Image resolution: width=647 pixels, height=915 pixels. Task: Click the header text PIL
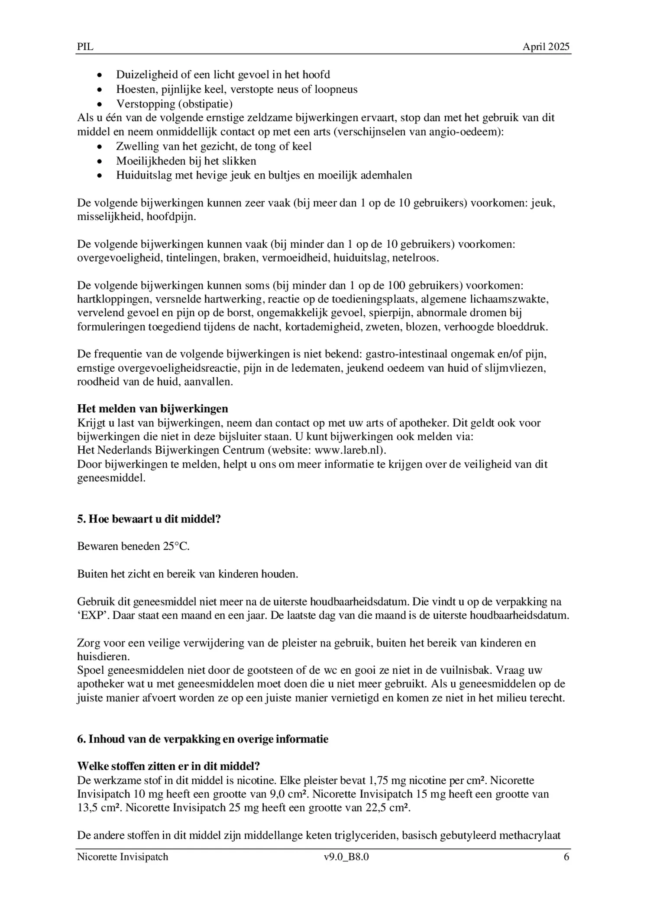[x=85, y=47]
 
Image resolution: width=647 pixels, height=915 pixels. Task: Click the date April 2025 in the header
[x=546, y=47]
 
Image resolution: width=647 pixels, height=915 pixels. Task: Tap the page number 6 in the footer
[x=566, y=857]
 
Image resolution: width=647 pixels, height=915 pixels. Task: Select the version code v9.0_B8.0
[x=346, y=857]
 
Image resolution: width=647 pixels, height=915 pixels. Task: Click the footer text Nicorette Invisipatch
[x=123, y=857]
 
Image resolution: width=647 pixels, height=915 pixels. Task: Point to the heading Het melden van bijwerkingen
[x=152, y=409]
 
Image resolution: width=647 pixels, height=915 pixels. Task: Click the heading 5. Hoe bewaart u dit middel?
[x=149, y=519]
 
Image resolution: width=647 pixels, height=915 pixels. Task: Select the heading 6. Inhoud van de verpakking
[x=203, y=739]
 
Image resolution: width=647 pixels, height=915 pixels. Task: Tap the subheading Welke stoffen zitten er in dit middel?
[x=168, y=766]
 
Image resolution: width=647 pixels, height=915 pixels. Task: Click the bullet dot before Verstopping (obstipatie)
[x=100, y=104]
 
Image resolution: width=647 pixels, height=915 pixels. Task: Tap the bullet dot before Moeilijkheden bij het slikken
[x=100, y=162]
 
